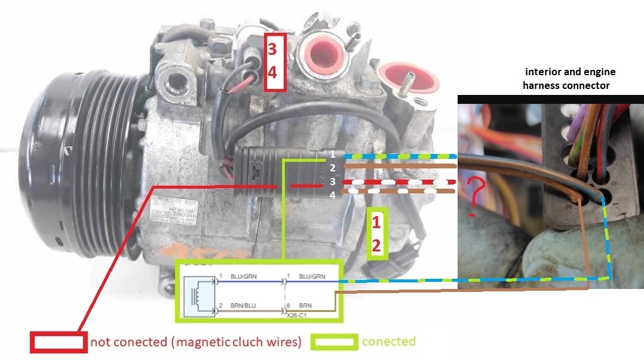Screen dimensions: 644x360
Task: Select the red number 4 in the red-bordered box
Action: (x=272, y=73)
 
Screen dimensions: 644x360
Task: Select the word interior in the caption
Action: (x=544, y=72)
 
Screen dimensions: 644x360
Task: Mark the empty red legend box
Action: (x=59, y=341)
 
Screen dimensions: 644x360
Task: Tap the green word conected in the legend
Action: (x=388, y=341)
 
